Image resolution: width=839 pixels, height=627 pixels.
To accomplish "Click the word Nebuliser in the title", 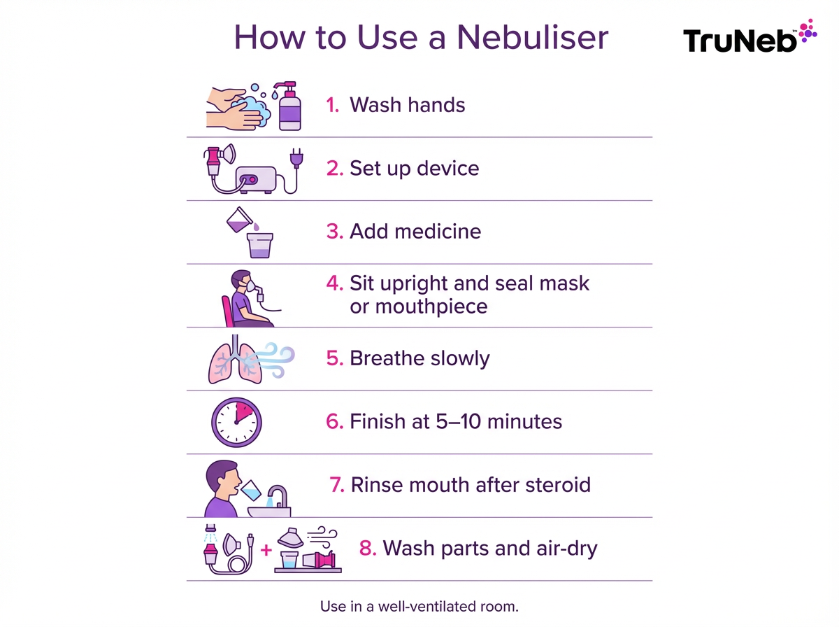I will (x=532, y=37).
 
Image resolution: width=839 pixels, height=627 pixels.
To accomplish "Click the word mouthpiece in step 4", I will (x=418, y=307).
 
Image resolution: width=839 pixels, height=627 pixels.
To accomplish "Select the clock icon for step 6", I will (x=236, y=422).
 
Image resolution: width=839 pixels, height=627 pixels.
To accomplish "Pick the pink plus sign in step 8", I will (x=265, y=551).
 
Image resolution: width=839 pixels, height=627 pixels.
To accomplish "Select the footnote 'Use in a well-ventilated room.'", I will (x=419, y=606).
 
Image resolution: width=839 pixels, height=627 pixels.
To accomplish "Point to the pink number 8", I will (x=366, y=549).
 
